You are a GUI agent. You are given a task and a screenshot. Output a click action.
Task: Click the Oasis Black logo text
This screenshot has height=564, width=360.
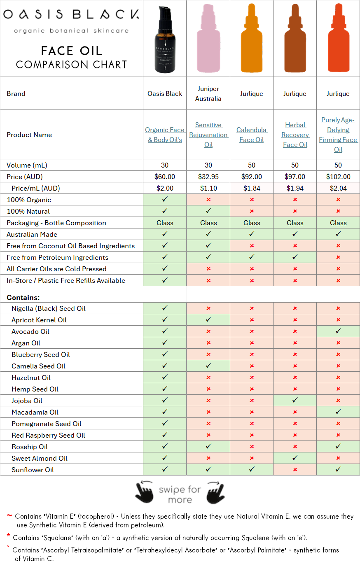click(71, 15)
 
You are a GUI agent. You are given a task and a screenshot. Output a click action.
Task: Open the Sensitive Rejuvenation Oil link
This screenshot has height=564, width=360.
click(208, 135)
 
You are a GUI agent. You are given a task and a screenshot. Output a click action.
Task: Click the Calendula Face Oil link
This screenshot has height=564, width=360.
click(252, 135)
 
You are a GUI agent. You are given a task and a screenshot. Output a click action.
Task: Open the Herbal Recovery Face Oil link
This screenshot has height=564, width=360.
click(295, 135)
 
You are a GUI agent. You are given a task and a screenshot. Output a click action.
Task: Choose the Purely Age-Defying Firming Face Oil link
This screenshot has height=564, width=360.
click(338, 135)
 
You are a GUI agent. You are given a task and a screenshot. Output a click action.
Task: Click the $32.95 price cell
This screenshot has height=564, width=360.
click(208, 177)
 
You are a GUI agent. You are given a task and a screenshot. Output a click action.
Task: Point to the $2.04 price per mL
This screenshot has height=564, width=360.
click(338, 188)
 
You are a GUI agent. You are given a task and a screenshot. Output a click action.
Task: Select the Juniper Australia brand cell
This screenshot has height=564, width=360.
click(208, 93)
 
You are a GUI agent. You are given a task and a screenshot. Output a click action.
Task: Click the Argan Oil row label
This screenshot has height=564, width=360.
click(26, 343)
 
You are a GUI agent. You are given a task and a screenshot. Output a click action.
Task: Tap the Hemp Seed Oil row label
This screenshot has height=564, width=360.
click(35, 389)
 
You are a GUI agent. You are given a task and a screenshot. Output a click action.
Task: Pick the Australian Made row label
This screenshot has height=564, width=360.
click(32, 234)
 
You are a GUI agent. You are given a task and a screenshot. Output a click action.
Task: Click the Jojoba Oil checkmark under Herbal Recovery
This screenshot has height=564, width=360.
click(295, 400)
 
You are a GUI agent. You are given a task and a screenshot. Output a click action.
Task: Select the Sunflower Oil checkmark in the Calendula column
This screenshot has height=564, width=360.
click(252, 469)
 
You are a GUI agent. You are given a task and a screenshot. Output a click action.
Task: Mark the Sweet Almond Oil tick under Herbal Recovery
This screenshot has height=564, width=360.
click(295, 458)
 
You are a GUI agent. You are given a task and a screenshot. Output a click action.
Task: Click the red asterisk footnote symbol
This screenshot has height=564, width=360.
click(9, 536)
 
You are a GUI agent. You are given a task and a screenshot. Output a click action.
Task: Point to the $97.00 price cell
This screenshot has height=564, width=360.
click(295, 177)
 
